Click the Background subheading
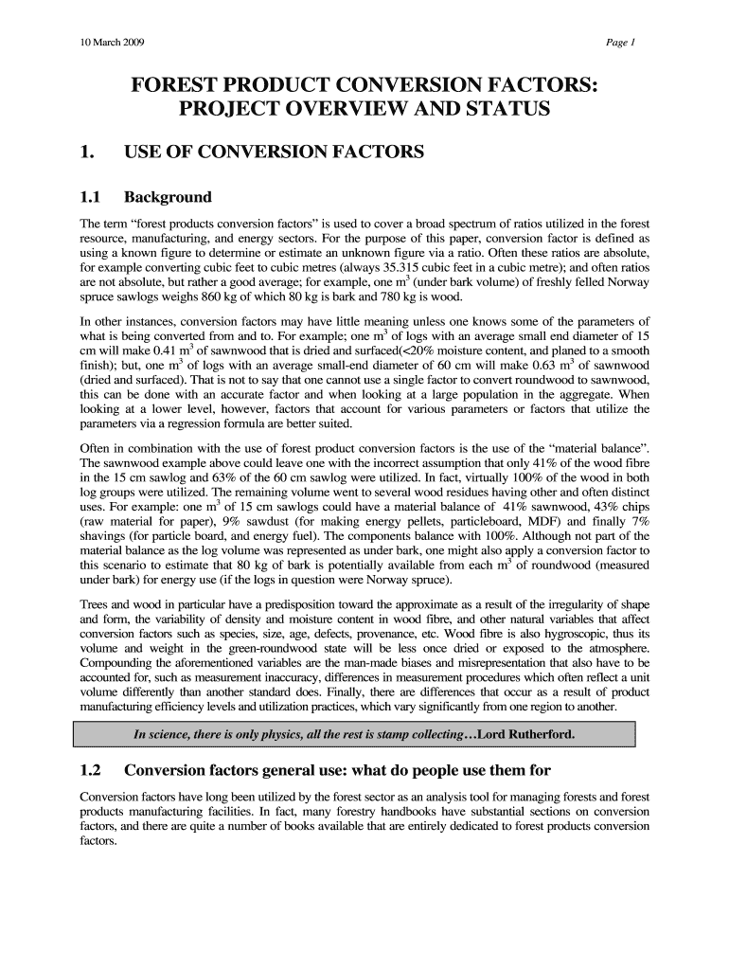pyautogui.click(x=168, y=198)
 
